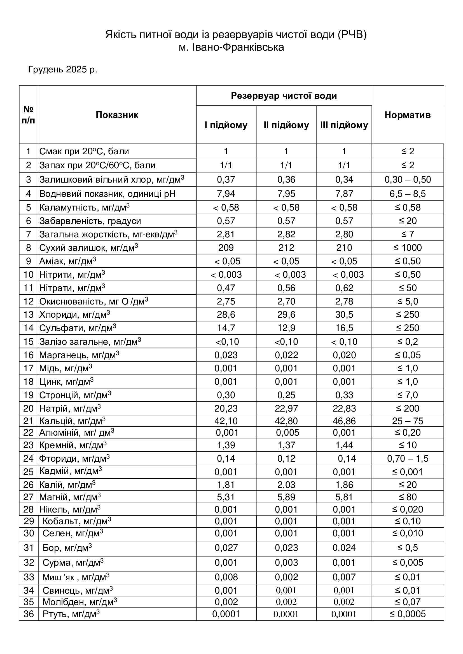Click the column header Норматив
point(407,115)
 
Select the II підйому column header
point(286,125)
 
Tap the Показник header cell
point(117,115)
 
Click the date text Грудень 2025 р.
point(63,70)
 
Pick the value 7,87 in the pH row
point(344,194)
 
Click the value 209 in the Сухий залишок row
point(226,247)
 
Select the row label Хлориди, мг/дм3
point(74,315)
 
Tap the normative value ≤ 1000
point(407,247)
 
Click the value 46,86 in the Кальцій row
point(344,421)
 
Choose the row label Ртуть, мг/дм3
point(71,614)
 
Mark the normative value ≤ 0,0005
point(407,614)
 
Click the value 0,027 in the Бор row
point(226,547)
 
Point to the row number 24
point(29,458)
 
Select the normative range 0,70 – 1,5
point(407,458)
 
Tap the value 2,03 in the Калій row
point(286,485)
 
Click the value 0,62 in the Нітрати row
point(344,288)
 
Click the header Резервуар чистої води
point(284,96)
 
